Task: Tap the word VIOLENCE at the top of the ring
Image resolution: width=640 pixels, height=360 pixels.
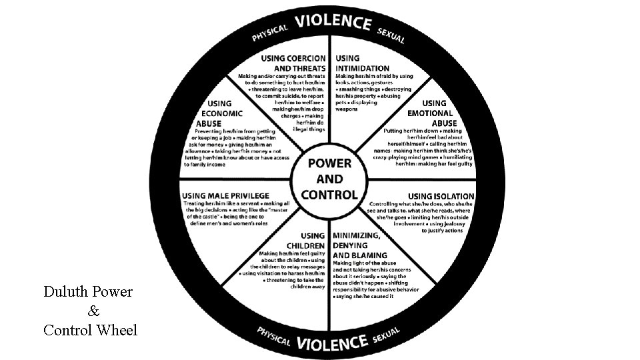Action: pyautogui.click(x=333, y=23)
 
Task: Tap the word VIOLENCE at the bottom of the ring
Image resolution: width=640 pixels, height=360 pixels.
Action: pyautogui.click(x=333, y=343)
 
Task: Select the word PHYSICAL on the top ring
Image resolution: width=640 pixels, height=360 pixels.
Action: pyautogui.click(x=270, y=33)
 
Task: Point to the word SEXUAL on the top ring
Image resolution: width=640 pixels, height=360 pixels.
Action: pyautogui.click(x=391, y=35)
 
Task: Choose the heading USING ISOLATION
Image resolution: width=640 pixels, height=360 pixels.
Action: pyautogui.click(x=441, y=196)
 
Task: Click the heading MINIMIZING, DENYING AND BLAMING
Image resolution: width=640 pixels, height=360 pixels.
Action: pyautogui.click(x=360, y=245)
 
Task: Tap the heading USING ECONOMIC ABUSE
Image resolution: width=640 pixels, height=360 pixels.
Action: pyautogui.click(x=213, y=113)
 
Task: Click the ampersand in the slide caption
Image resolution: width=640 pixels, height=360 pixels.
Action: pyautogui.click(x=93, y=311)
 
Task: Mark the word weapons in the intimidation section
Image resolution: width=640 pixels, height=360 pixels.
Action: pyautogui.click(x=346, y=109)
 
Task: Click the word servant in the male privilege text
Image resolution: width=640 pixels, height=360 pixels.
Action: pyautogui.click(x=246, y=203)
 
